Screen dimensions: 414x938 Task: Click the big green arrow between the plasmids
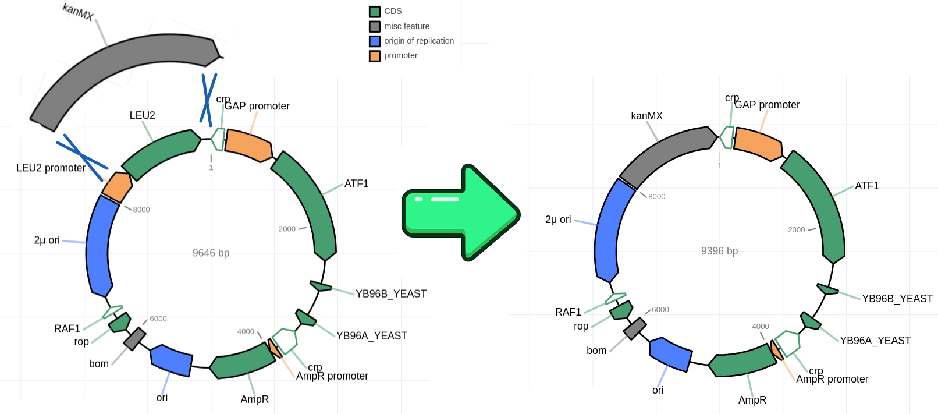(x=460, y=213)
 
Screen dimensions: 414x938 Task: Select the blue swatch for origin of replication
(x=375, y=41)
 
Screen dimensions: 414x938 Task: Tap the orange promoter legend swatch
(x=375, y=56)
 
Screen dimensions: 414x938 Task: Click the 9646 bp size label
(x=211, y=253)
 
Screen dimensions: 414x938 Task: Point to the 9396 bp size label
(x=719, y=251)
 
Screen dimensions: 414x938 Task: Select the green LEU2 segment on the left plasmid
(x=160, y=154)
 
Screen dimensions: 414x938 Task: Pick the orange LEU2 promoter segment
(x=116, y=186)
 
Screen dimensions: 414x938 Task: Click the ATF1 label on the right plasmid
(x=866, y=186)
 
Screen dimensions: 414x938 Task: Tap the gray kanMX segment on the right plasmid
(x=666, y=153)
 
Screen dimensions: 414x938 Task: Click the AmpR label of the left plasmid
(x=254, y=399)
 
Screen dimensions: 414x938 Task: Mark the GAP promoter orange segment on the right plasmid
(x=758, y=143)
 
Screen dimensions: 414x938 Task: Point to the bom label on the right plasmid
(x=596, y=351)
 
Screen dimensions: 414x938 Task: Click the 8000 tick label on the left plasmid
(x=141, y=210)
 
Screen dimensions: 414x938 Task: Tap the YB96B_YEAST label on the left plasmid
(x=391, y=294)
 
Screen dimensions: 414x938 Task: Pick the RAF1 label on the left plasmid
(x=67, y=329)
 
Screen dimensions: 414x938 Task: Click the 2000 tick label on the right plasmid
(x=796, y=230)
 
